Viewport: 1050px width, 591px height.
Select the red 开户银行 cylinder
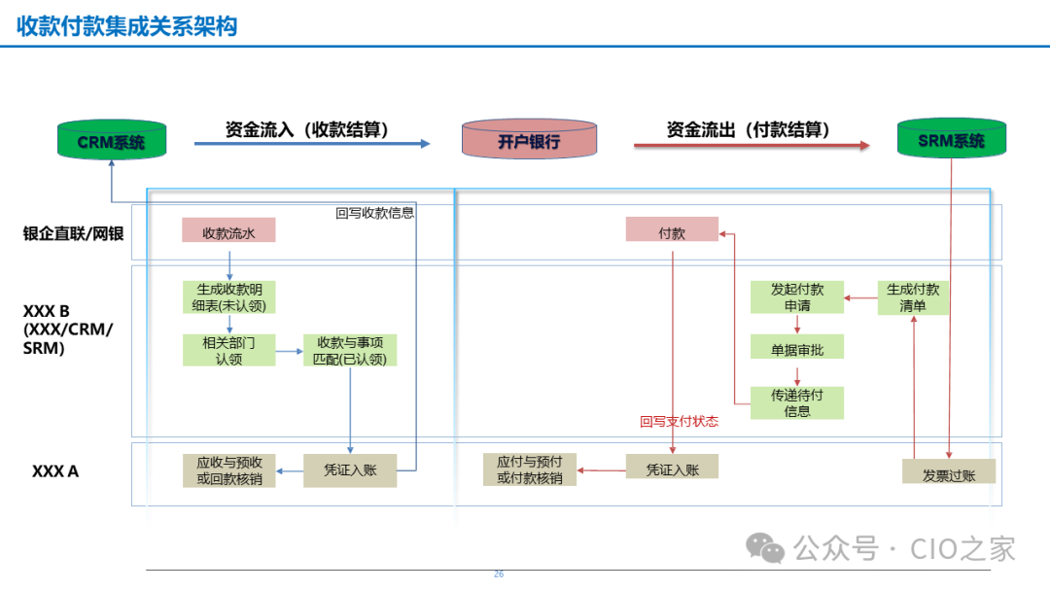(x=529, y=140)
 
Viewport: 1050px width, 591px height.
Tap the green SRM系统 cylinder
(x=951, y=139)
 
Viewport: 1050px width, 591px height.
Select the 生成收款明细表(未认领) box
(x=228, y=297)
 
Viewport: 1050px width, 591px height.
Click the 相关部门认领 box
(x=228, y=350)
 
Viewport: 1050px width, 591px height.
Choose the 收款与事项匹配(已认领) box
(x=350, y=350)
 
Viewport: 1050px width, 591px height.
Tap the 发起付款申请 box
(x=797, y=297)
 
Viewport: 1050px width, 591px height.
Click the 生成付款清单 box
(x=914, y=297)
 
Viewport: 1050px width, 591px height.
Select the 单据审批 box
(x=797, y=347)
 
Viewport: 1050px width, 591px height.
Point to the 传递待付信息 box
(x=797, y=403)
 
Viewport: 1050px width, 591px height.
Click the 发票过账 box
(x=948, y=472)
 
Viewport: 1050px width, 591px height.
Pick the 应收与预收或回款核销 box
(x=228, y=470)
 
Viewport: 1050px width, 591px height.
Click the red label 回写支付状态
(x=679, y=422)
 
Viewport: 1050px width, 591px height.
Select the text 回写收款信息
(x=375, y=213)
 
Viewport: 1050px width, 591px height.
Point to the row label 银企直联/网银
(x=74, y=233)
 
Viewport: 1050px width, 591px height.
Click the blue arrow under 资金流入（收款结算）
(x=311, y=144)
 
